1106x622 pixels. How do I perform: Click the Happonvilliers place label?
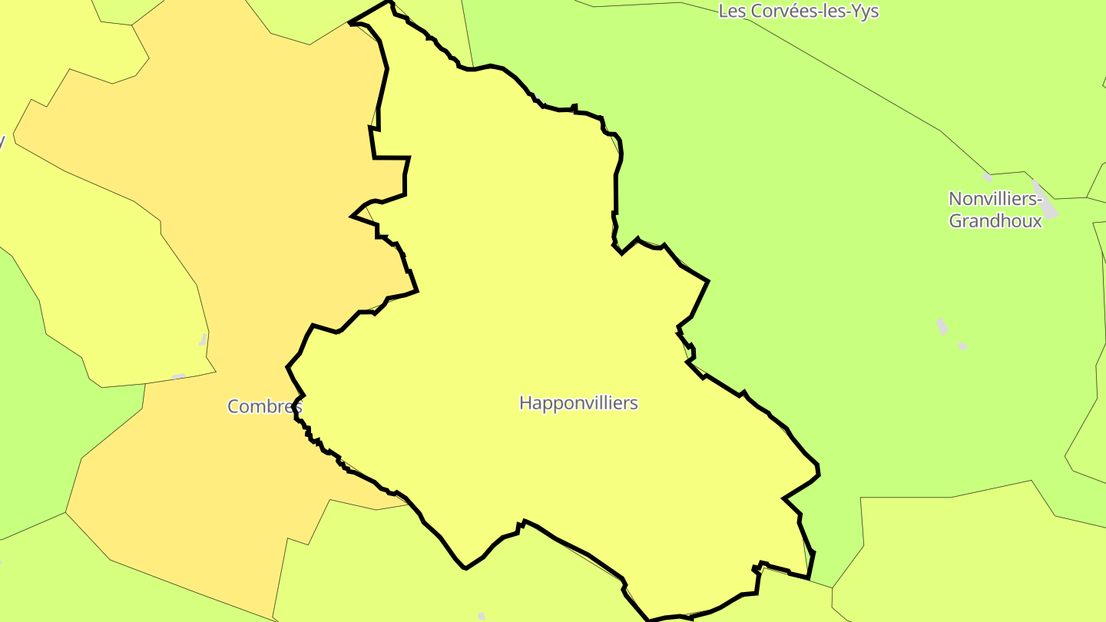pos(578,402)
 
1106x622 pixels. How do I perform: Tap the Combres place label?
pos(265,406)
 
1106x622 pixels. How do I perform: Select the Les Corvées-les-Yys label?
pos(798,11)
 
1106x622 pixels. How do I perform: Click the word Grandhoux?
pos(995,221)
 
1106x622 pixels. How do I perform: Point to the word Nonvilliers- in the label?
pos(995,199)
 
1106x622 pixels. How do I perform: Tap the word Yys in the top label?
pos(866,11)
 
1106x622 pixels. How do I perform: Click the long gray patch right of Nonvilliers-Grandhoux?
pos(1045,200)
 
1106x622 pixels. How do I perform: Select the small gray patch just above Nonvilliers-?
pos(988,177)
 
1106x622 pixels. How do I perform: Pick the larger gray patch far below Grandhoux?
pos(942,326)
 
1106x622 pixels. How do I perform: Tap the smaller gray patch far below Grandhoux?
pos(962,347)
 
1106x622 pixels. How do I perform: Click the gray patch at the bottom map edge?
pos(482,617)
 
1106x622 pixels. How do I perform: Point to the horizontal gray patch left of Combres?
pos(178,376)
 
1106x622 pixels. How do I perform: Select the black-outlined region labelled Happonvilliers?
pos(538,307)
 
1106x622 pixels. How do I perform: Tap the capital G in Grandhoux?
pos(956,221)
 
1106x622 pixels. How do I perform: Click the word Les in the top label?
pos(730,11)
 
